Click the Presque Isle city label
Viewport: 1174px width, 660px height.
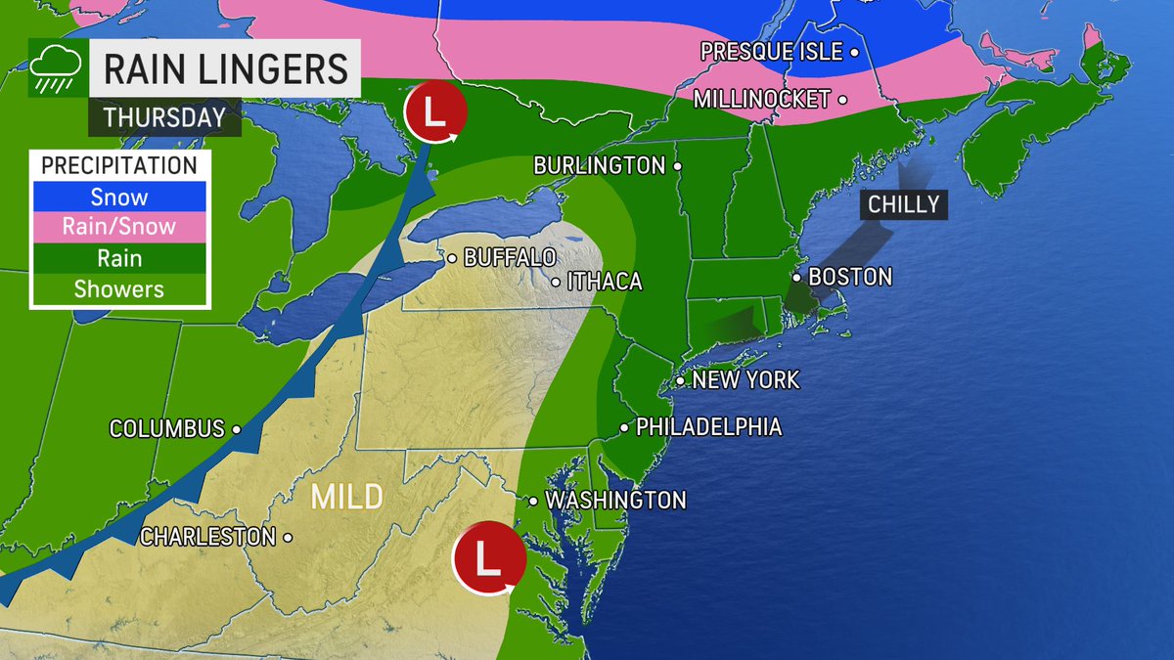click(x=771, y=52)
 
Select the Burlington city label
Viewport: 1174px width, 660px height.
click(x=599, y=166)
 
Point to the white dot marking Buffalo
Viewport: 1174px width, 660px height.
click(x=452, y=259)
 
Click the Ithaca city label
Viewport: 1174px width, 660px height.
click(x=604, y=282)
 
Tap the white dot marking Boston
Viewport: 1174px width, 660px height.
click(x=797, y=277)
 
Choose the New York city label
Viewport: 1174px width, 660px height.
click(x=745, y=379)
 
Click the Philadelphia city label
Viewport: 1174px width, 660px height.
click(x=708, y=427)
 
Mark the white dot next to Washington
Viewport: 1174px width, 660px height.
click(x=532, y=501)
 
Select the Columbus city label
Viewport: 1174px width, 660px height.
click(x=167, y=428)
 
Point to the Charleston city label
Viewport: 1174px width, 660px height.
click(x=207, y=537)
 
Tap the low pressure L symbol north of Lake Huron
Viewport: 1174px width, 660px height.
click(x=436, y=112)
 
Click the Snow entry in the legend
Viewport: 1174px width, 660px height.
click(x=118, y=197)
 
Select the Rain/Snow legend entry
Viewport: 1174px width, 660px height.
click(x=118, y=227)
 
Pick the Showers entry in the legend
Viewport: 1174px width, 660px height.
click(x=118, y=289)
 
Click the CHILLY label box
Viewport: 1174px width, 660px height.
click(x=903, y=204)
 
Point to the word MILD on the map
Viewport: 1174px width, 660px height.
click(x=346, y=497)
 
